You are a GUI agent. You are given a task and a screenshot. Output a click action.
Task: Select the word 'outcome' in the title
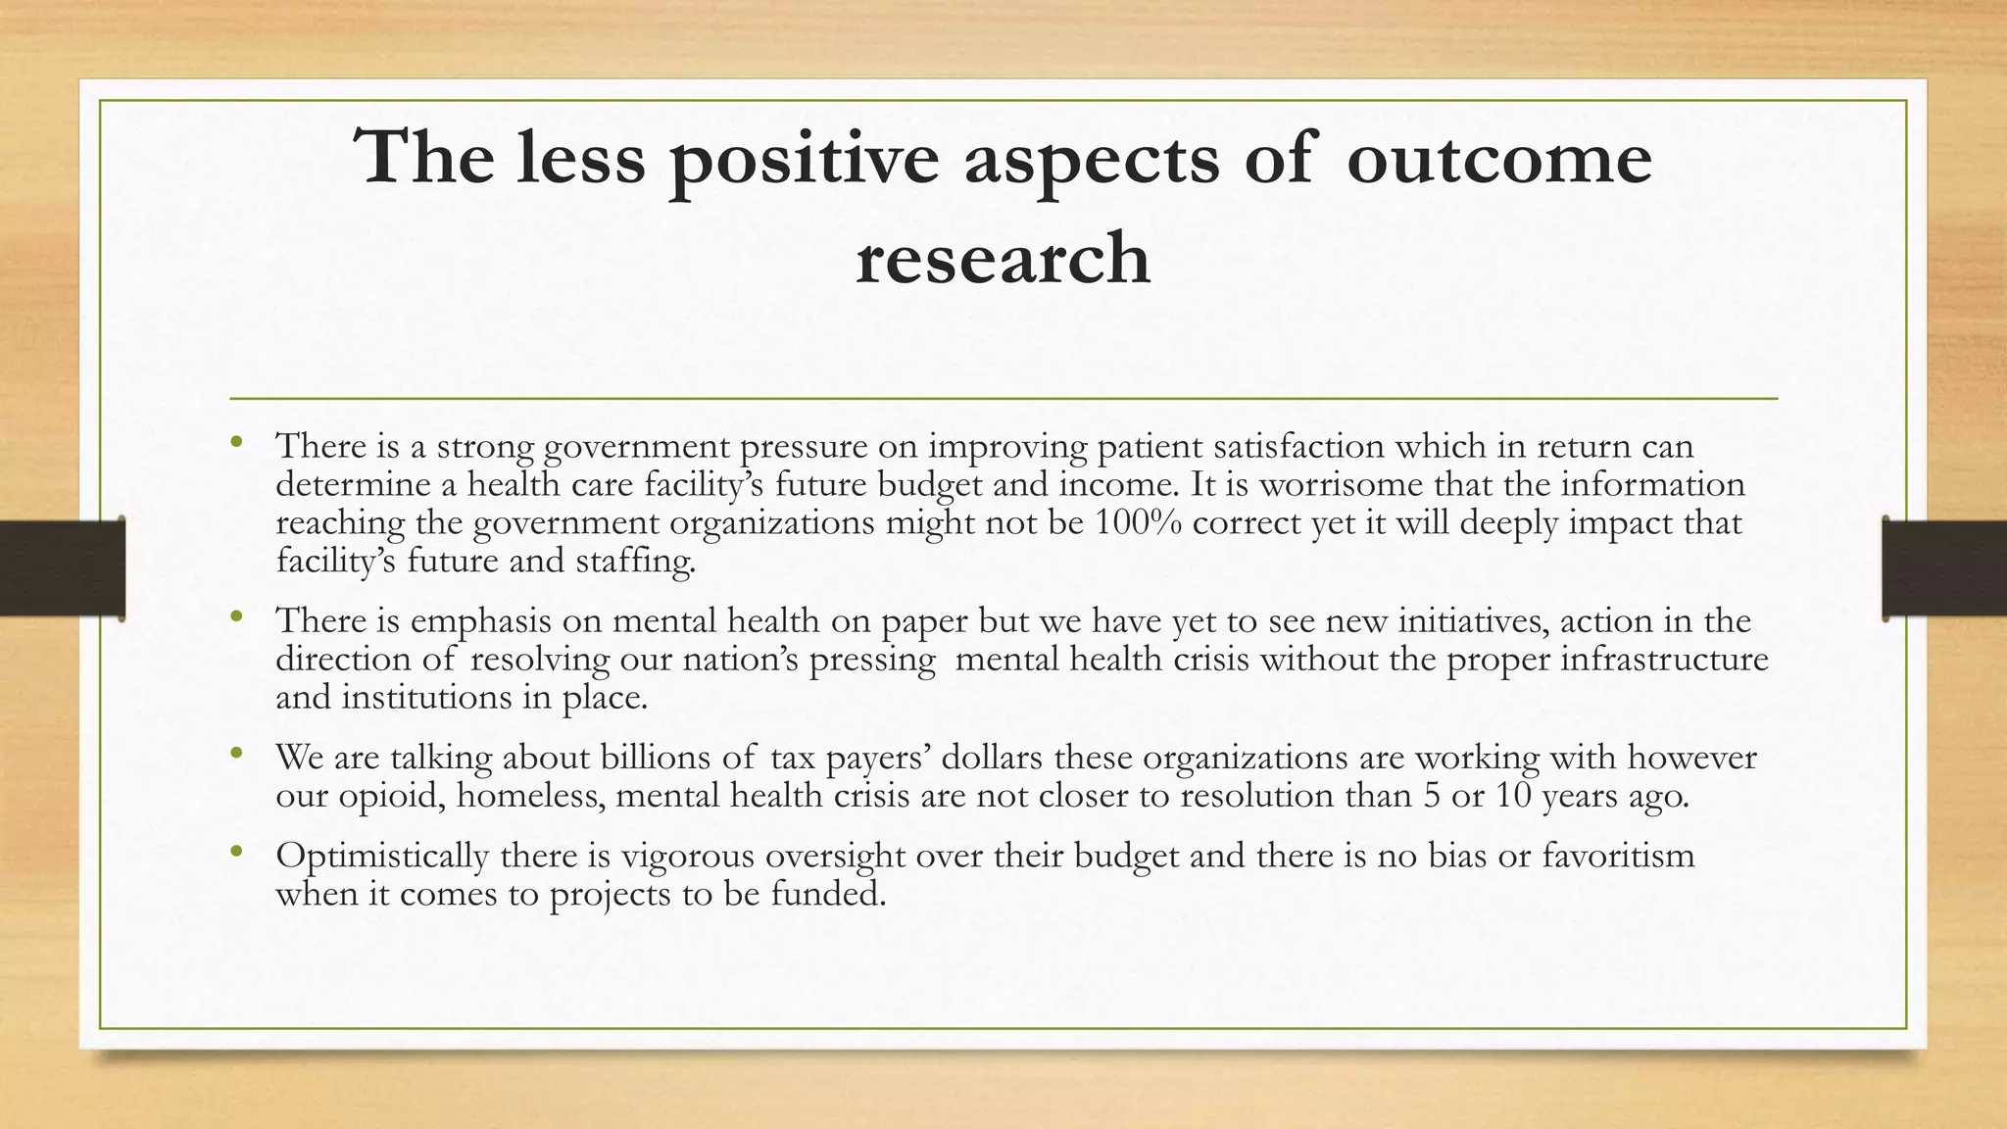point(1499,159)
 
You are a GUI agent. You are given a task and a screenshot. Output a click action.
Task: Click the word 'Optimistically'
point(382,855)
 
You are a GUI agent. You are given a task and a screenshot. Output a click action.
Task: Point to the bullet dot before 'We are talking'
point(236,755)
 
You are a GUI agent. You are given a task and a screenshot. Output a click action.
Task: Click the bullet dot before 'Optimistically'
point(236,853)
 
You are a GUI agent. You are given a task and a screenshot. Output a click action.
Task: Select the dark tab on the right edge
point(1944,568)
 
